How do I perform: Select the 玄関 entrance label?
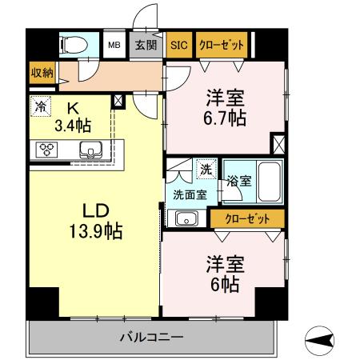click(x=145, y=45)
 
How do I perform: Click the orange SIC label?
click(x=179, y=45)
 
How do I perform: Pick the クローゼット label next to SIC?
click(x=220, y=45)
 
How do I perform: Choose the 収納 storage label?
click(x=42, y=72)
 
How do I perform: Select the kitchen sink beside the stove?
click(x=90, y=149)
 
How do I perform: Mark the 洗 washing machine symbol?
click(x=206, y=169)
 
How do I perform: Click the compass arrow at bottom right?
click(x=320, y=340)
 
